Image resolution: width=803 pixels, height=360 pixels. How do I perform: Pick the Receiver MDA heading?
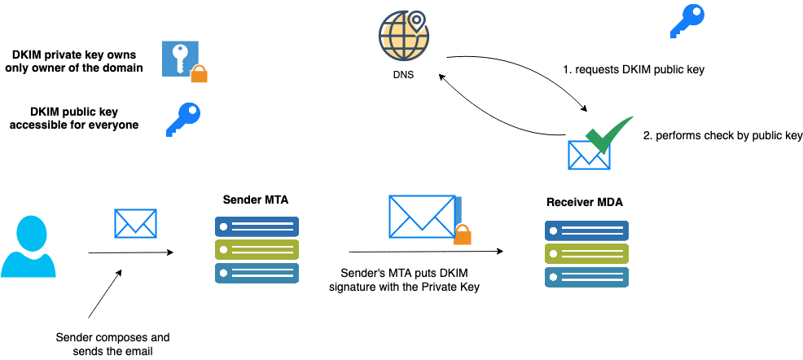coord(585,201)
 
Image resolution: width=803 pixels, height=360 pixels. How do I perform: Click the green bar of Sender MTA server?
coord(257,249)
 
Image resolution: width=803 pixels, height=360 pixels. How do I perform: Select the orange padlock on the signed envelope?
coord(462,235)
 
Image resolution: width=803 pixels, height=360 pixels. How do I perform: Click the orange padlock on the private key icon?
coord(199,74)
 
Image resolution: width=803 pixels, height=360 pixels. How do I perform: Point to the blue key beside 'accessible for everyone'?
coord(182,118)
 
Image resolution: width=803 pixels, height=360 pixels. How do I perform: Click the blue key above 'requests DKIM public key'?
coord(687,21)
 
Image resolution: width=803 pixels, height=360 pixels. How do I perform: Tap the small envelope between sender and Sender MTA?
coord(135,223)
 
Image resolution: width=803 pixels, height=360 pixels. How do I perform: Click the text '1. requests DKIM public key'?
coord(634,69)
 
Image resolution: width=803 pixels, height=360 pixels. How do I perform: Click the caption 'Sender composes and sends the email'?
coord(112,344)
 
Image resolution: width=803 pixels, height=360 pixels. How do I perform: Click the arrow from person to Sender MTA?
coord(130,252)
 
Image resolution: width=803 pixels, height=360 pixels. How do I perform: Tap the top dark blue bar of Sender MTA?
coord(257,226)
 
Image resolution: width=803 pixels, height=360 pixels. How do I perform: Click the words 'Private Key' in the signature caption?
coord(451,285)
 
